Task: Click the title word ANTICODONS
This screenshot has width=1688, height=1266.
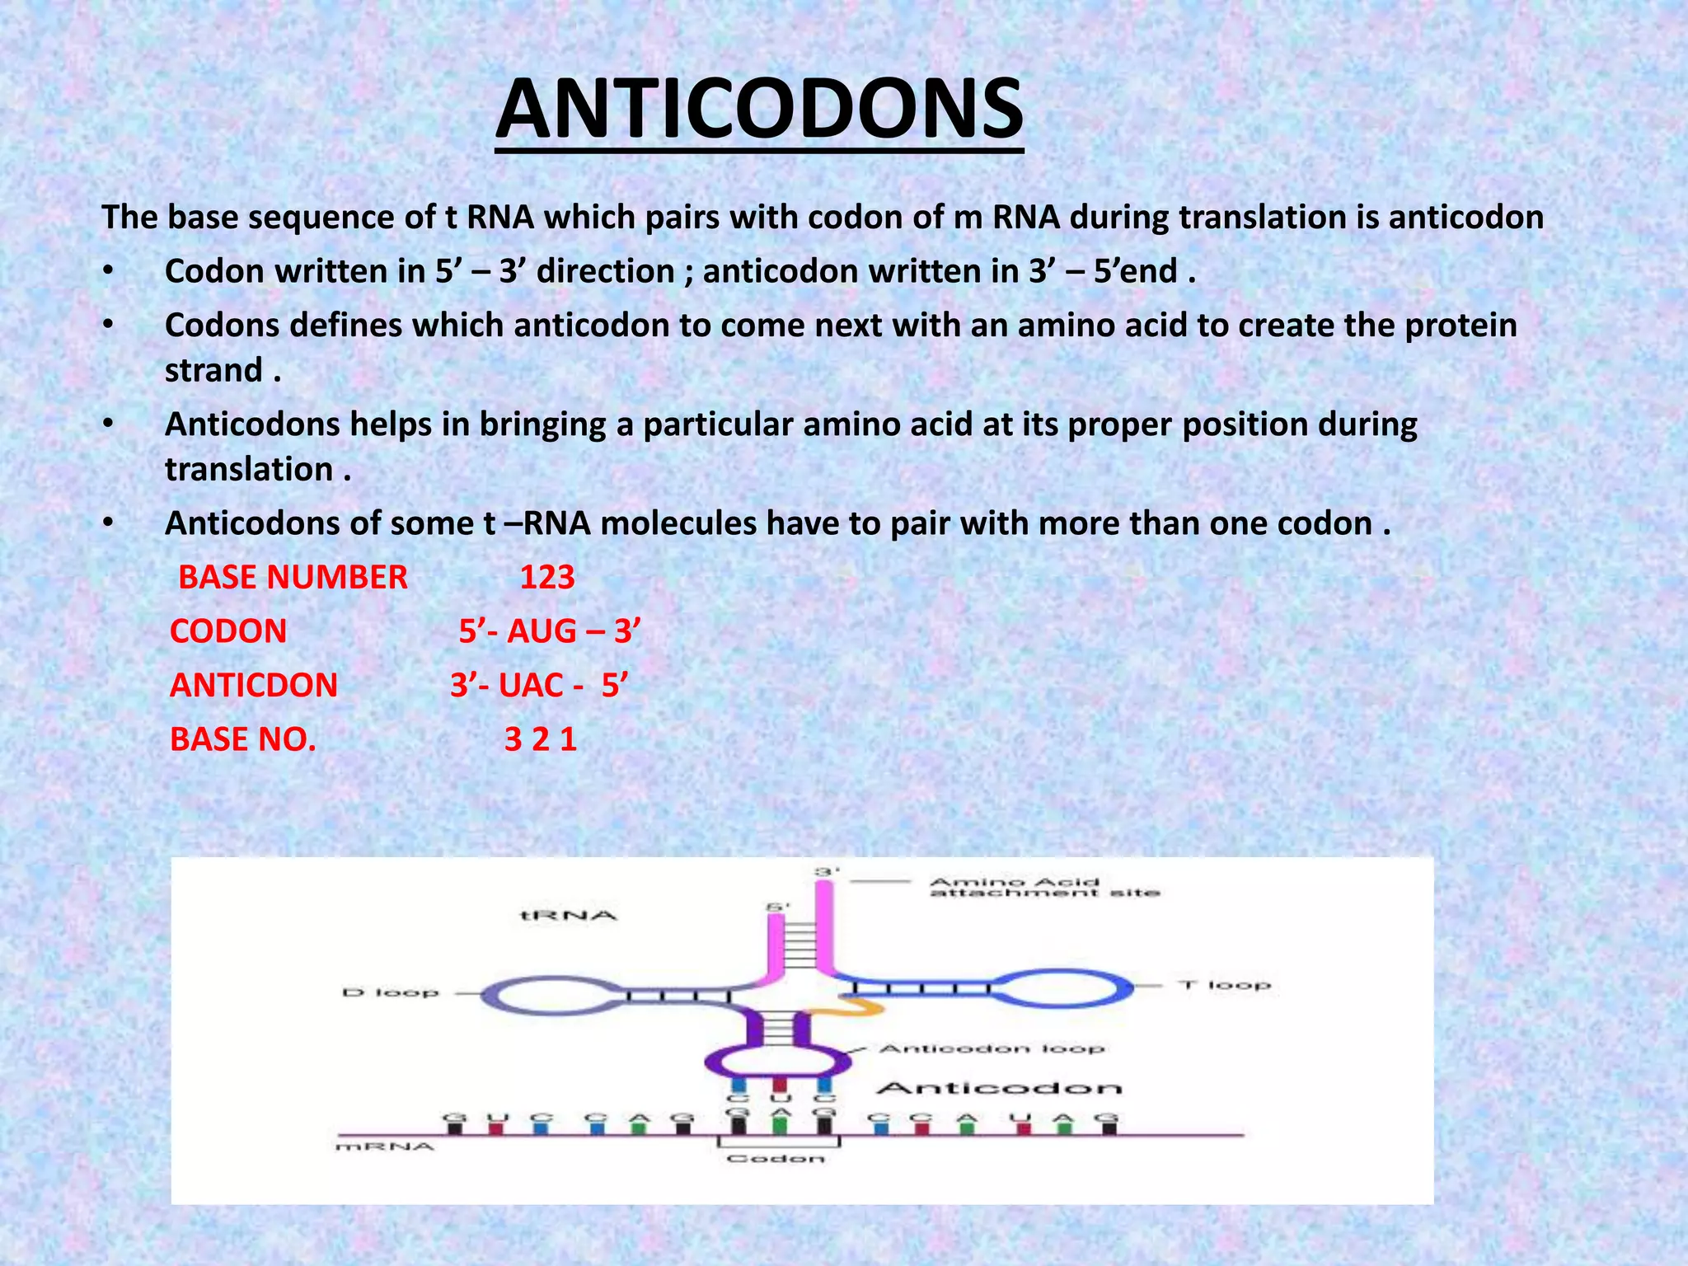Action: coord(759,110)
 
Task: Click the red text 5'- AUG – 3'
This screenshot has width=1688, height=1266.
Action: coord(550,632)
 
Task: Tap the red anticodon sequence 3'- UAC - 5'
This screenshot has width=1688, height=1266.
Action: coord(539,686)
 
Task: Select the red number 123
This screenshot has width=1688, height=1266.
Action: coord(547,578)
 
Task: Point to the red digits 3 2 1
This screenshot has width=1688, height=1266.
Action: coord(540,739)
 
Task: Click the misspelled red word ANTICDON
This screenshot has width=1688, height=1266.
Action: coord(254,686)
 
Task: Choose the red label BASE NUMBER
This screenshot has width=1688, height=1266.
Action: coord(293,578)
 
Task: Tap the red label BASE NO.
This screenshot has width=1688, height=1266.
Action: coord(243,739)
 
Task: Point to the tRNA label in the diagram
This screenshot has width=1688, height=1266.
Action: coord(569,916)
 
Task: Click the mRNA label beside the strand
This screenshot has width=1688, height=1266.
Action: coord(385,1146)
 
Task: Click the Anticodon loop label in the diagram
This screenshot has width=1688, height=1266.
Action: coord(992,1048)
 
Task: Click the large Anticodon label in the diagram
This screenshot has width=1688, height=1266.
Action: coord(999,1089)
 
